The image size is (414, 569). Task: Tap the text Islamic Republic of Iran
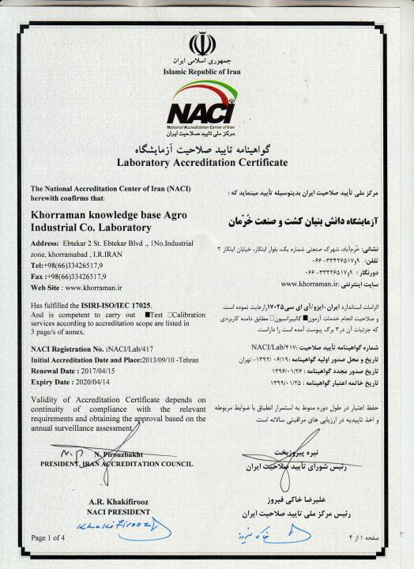(205, 70)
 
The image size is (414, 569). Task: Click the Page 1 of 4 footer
(49, 538)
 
